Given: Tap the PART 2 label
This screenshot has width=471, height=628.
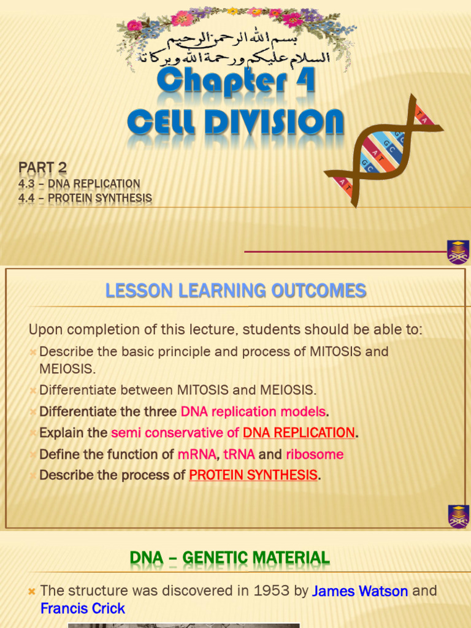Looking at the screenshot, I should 42,167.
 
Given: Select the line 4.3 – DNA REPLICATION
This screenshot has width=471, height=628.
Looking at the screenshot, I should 79,184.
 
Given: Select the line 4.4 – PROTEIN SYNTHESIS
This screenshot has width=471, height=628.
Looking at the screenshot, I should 85,198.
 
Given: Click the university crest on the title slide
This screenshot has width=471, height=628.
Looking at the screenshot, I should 458,252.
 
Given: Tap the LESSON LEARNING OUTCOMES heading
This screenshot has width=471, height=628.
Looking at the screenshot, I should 235,291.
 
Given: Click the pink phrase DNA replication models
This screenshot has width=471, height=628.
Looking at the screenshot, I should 253,411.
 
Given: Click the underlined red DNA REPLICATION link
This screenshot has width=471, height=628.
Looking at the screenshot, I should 299,433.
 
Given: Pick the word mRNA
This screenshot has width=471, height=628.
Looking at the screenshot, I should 196,454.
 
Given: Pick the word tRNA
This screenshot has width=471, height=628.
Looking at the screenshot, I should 239,454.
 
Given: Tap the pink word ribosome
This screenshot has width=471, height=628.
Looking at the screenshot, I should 315,454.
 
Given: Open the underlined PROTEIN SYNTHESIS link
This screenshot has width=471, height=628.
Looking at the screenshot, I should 253,475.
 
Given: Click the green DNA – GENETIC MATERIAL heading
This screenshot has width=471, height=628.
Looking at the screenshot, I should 229,558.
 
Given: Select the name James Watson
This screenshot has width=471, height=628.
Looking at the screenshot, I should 360,591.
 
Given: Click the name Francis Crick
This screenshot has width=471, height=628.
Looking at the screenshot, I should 82,609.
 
